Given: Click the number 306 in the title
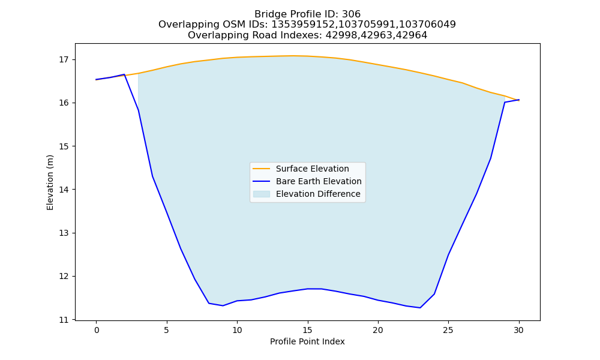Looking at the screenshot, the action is (x=351, y=14).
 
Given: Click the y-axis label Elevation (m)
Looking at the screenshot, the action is (x=50, y=182).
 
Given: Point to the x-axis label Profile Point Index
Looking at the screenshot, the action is (x=307, y=341).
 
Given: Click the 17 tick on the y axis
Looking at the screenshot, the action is (x=64, y=59).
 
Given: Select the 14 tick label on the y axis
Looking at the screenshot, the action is (x=64, y=190).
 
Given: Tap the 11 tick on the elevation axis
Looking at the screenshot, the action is (x=64, y=320).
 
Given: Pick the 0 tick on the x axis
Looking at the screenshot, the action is (x=96, y=330).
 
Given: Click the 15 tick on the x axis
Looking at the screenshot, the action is (x=307, y=330).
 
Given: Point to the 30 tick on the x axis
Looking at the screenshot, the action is (x=518, y=330).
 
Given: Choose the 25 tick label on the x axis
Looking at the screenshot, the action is (x=448, y=330).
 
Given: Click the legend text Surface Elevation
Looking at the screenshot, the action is (x=312, y=169).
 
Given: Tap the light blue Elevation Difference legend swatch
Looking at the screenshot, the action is (x=262, y=194).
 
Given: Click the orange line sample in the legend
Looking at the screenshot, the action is (x=262, y=169).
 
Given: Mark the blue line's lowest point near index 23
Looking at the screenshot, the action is (x=420, y=308).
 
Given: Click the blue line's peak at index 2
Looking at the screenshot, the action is (x=124, y=74).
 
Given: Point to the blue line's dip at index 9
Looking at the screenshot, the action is (x=223, y=305).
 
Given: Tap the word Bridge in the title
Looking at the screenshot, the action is (x=267, y=14).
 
